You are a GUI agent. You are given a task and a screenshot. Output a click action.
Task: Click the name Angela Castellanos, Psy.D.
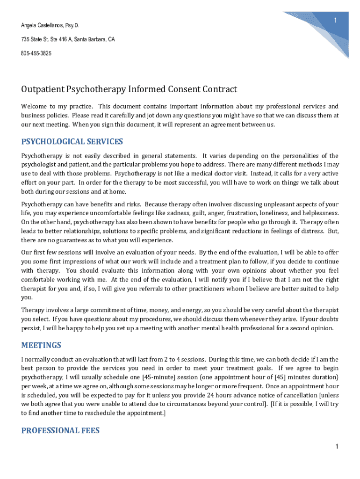(x=46, y=25)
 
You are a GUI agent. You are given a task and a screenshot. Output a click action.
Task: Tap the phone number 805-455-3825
(x=36, y=54)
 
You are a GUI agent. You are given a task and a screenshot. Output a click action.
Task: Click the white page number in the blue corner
(x=335, y=20)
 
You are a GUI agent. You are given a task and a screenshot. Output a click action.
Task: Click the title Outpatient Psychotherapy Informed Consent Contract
(x=129, y=89)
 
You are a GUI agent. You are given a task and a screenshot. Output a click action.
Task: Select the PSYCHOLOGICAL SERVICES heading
(x=72, y=141)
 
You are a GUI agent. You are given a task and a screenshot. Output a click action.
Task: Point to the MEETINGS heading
(x=41, y=346)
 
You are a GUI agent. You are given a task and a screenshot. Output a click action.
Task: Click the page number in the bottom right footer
(x=336, y=447)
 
